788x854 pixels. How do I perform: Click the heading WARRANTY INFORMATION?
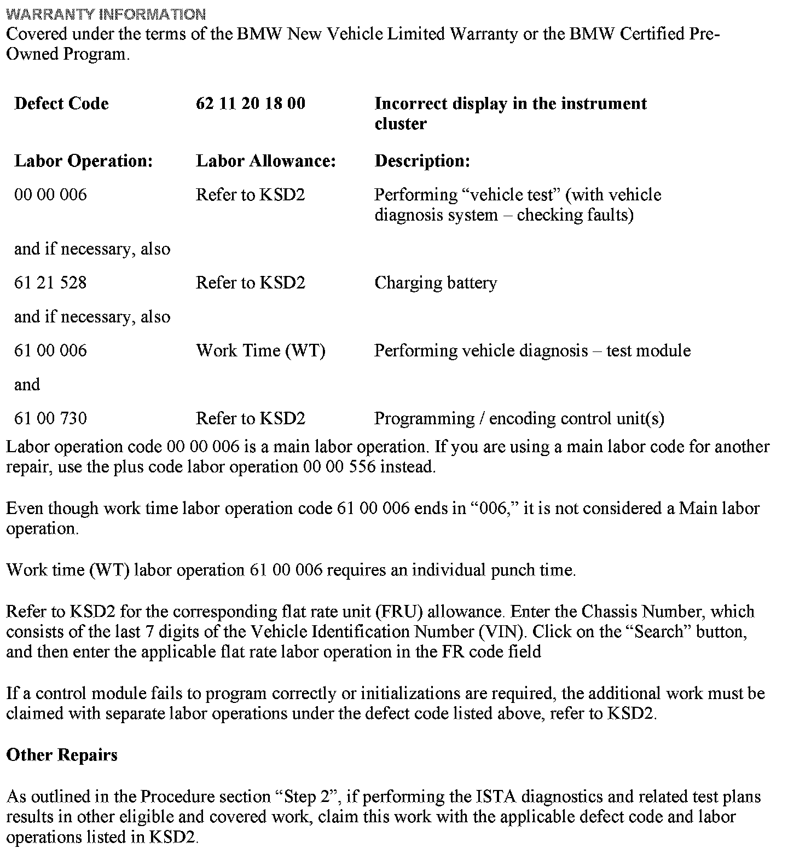point(106,14)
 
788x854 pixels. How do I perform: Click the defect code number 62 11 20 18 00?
point(250,103)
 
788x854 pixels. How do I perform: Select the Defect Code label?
point(61,103)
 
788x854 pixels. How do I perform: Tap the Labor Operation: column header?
point(83,161)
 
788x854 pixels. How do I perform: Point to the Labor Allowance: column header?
point(265,161)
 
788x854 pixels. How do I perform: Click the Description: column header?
point(422,161)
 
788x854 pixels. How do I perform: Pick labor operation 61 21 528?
point(50,283)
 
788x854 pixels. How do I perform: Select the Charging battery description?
point(436,283)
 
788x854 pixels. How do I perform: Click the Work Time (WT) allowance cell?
point(260,351)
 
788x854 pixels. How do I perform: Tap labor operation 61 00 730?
point(50,419)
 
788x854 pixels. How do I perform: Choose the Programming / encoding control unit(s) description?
point(519,419)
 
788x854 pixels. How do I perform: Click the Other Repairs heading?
point(62,755)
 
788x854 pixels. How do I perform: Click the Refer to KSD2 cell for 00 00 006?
point(250,195)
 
